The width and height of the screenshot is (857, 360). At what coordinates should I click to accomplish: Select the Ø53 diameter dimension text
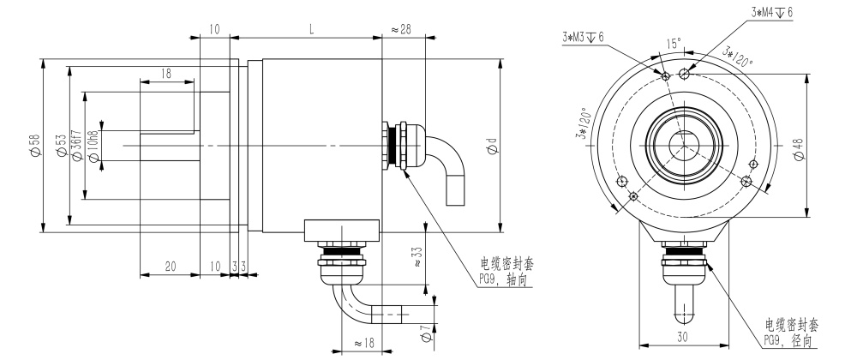[x=61, y=146]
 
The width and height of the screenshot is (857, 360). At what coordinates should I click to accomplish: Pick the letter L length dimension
[x=311, y=29]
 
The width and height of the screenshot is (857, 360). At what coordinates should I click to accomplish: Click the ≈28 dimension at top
[x=400, y=29]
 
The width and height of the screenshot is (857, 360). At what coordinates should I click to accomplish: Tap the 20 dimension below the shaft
[x=171, y=267]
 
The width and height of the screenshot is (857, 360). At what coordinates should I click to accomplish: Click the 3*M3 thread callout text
[x=583, y=37]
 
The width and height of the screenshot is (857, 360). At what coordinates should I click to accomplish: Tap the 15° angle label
[x=675, y=43]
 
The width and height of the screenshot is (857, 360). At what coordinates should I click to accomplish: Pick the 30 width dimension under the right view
[x=682, y=338]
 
